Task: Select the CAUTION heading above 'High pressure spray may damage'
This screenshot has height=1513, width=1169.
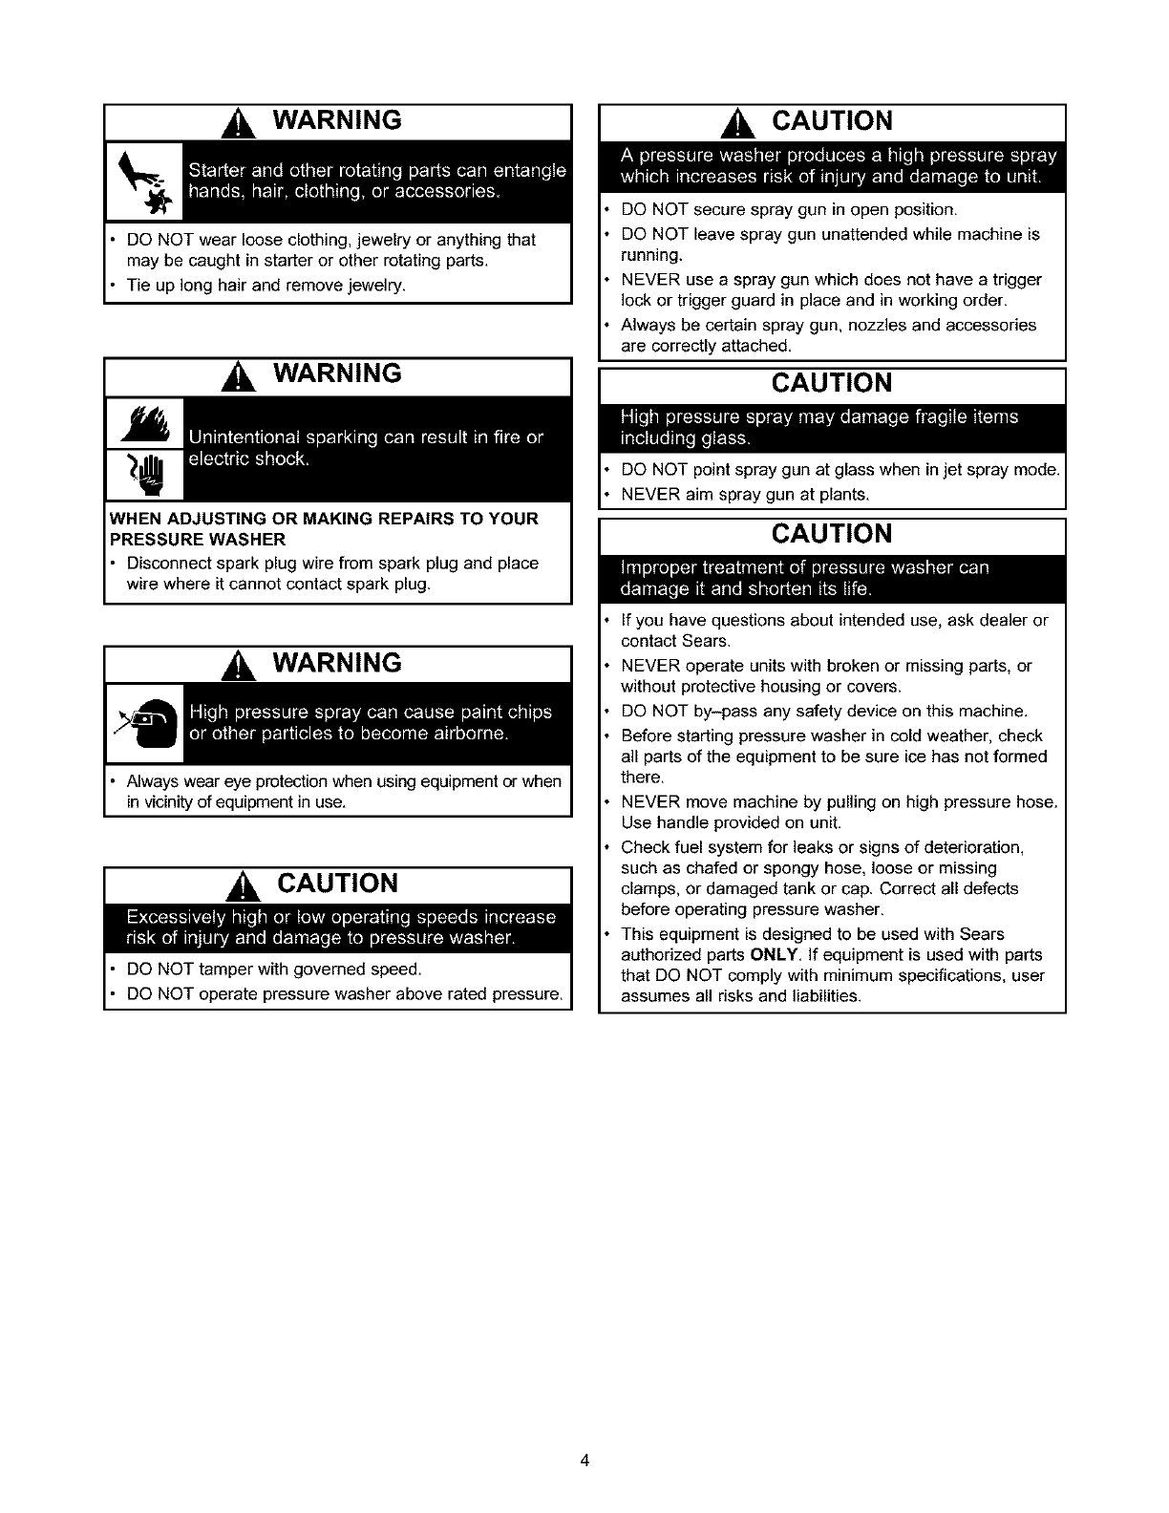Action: coord(832,384)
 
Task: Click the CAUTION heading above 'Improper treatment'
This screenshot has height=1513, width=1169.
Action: coord(832,534)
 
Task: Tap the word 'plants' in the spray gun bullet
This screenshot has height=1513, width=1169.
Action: coord(845,495)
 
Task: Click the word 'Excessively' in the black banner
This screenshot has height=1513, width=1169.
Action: coord(173,917)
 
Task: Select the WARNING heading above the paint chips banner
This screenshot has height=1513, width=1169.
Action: coord(337,663)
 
